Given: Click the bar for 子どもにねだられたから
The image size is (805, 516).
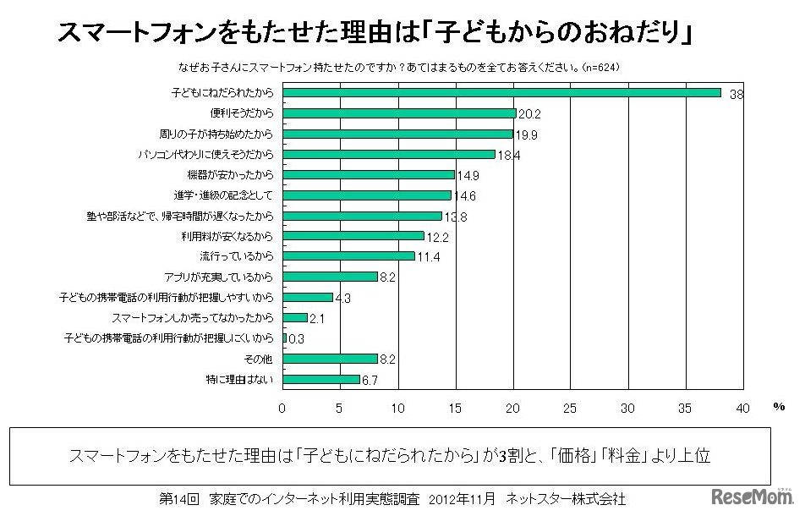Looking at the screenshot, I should [x=501, y=93].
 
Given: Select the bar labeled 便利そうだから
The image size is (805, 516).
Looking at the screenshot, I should [x=399, y=113].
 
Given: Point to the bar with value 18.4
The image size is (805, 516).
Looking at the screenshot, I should [x=389, y=154].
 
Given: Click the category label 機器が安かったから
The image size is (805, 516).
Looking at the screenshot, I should [x=230, y=175].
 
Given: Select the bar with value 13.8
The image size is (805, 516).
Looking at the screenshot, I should [x=363, y=216].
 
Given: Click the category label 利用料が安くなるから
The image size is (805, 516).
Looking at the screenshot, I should [x=227, y=236].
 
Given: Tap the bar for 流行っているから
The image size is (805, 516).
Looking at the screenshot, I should [x=348, y=256].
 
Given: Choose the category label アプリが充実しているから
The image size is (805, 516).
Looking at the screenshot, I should [x=218, y=277].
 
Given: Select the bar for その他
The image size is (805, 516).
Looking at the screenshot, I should [x=330, y=359].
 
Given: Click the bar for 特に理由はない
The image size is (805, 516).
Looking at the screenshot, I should [x=321, y=379].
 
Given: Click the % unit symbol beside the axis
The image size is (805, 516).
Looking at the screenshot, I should [x=778, y=407].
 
